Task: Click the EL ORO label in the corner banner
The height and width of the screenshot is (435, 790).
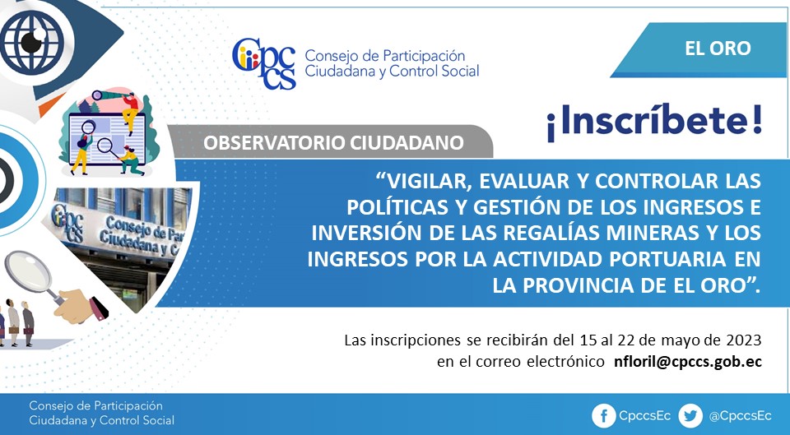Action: click(x=718, y=49)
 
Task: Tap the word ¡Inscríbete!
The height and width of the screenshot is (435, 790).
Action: click(x=654, y=122)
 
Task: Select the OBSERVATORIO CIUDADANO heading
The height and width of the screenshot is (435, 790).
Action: click(x=333, y=143)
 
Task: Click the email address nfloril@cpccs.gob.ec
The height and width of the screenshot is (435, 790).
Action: click(x=688, y=362)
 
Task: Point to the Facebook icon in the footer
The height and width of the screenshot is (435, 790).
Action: click(x=603, y=416)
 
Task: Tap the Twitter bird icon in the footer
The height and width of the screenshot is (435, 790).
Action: click(x=690, y=416)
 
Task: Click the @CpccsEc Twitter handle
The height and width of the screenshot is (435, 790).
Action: click(x=740, y=416)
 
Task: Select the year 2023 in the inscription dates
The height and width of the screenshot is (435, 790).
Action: click(x=744, y=340)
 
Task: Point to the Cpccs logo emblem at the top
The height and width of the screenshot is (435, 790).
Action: click(x=264, y=63)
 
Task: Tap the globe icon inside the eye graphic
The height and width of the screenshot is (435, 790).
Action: click(x=31, y=42)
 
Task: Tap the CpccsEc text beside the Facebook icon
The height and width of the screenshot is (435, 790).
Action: click(x=644, y=416)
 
